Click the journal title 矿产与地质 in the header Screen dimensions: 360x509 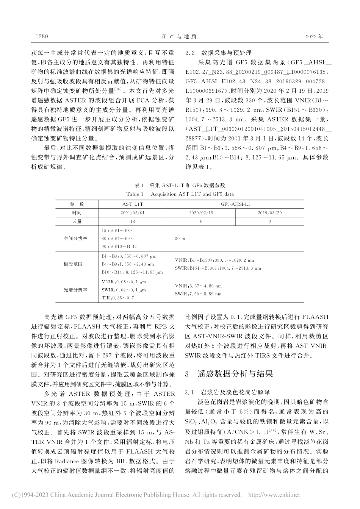pos(179,37)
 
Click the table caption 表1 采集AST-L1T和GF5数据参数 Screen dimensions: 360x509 pos(180,185)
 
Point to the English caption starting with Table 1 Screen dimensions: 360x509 pos(180,194)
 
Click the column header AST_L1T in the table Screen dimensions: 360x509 pos(132,204)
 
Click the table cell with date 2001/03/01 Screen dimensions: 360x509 pos(132,213)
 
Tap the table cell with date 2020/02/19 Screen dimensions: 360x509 pos(201,213)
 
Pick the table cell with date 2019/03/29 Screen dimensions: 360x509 pos(269,213)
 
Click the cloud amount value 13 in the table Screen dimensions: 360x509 pos(132,222)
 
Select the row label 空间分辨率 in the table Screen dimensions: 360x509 pos(75,239)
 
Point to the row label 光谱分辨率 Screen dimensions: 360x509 pos(75,290)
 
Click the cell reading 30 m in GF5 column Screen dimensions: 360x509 pos(180,239)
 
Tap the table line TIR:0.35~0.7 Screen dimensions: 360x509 pos(118,298)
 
